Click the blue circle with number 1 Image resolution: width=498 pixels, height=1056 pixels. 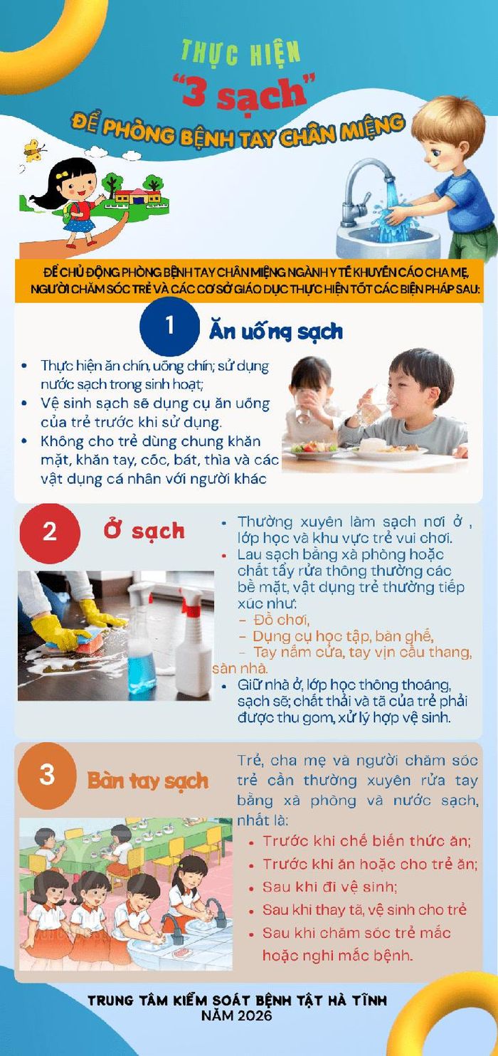pos(169,326)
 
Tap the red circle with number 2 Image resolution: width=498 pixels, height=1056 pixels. pos(50,533)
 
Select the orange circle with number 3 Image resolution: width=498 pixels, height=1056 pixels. pos(47,776)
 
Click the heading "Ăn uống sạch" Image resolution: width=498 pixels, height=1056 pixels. pos(275,332)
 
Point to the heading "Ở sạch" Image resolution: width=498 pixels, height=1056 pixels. pos(144,531)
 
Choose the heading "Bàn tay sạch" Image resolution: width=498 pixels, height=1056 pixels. pos(147,781)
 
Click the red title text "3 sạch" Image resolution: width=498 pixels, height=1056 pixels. pos(245,93)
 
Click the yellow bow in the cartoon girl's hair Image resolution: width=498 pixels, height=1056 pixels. pos(62,175)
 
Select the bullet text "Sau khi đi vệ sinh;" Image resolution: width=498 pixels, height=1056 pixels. pos(330,887)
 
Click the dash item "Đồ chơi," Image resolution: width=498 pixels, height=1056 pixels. pos(280,620)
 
